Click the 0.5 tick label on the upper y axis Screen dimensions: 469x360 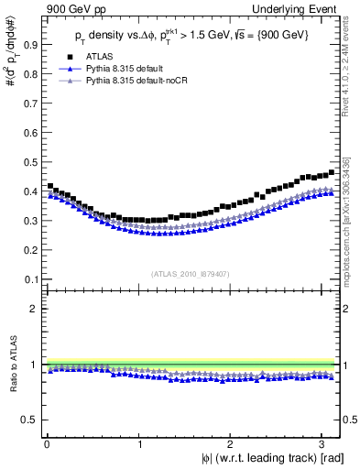pos(30,161)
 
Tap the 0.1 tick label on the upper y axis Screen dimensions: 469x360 pos(30,278)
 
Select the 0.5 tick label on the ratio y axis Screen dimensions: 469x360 pos(30,420)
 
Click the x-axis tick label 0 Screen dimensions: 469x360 pos(46,443)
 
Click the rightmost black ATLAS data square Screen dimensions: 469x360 pos(332,172)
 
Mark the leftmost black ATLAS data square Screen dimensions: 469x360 pos(50,186)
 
